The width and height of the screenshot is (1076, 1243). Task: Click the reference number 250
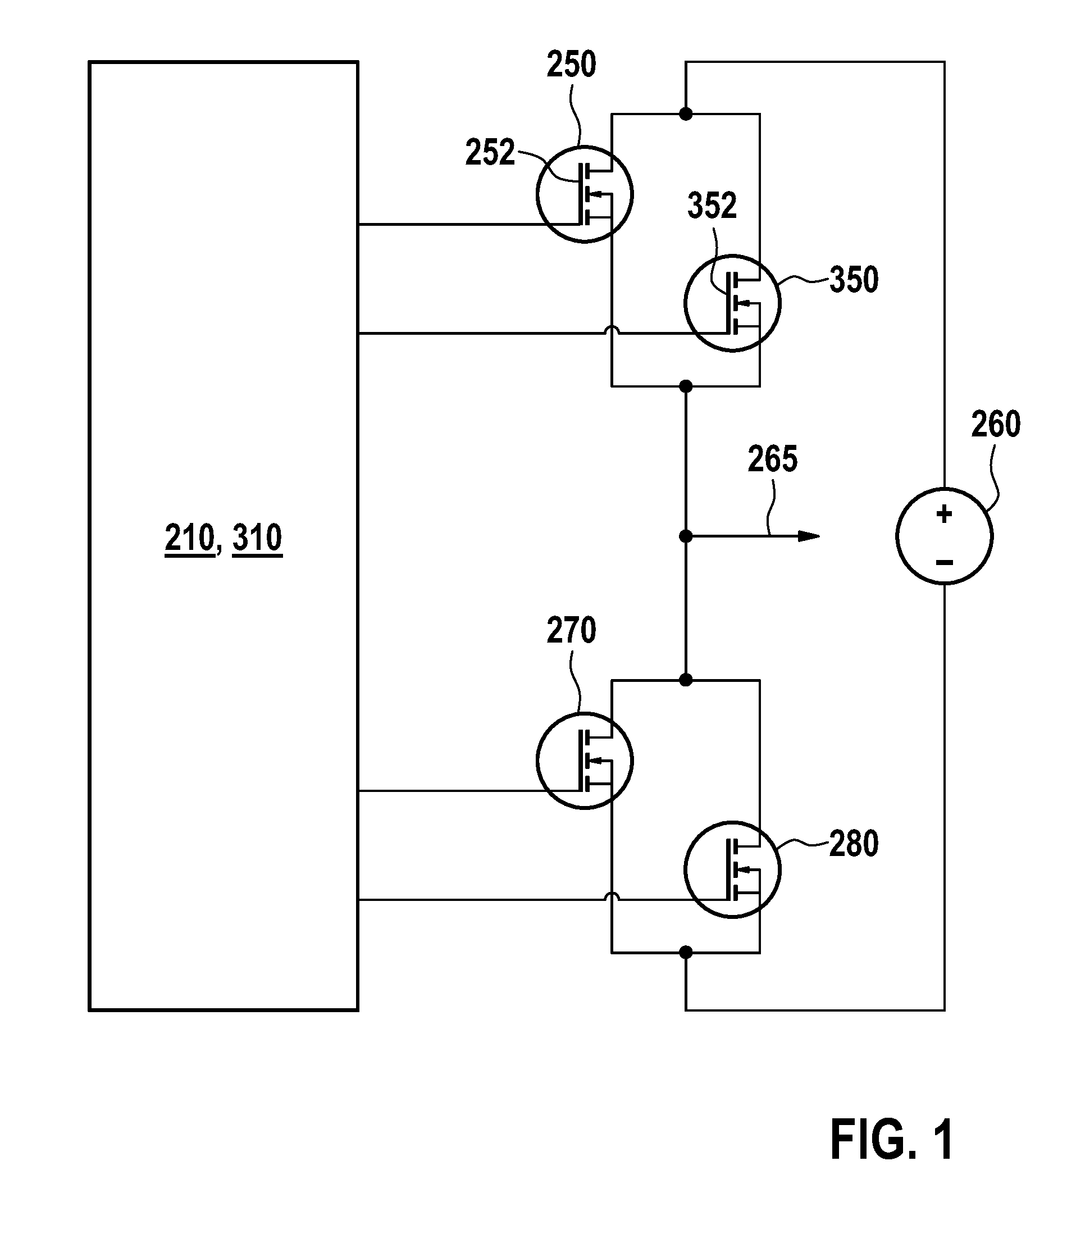pos(571,65)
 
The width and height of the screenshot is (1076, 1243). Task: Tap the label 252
pos(490,153)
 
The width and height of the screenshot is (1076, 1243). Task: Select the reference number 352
pos(712,206)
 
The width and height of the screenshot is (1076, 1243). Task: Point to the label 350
pos(854,280)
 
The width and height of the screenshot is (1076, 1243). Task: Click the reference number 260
pos(996,425)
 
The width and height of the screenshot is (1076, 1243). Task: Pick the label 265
pos(772,459)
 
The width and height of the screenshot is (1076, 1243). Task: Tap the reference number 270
pos(571,631)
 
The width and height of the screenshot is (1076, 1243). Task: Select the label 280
pos(854,844)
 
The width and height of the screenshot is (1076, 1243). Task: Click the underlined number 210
pos(190,538)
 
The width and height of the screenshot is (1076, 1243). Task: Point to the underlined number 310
pos(257,538)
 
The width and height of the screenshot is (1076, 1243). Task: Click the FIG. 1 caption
pos(892,1140)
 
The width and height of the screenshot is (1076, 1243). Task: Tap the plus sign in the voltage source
pos(944,513)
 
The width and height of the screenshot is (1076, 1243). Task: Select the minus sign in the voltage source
pos(944,563)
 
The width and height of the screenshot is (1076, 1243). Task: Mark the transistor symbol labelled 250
pos(584,194)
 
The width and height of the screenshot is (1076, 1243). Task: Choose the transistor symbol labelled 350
pos(732,303)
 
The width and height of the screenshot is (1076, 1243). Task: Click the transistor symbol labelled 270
pos(584,760)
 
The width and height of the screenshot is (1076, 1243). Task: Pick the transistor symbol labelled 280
pos(732,869)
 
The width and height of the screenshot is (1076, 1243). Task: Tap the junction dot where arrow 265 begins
pos(686,536)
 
